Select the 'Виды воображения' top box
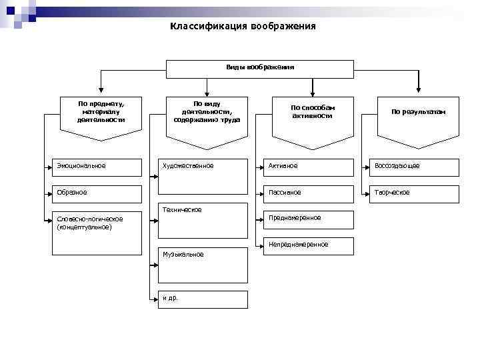[259, 69]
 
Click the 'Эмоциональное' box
[97, 167]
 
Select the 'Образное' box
[97, 193]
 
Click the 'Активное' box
[307, 167]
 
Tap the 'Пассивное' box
[307, 193]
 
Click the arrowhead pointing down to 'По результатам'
[419, 88]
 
